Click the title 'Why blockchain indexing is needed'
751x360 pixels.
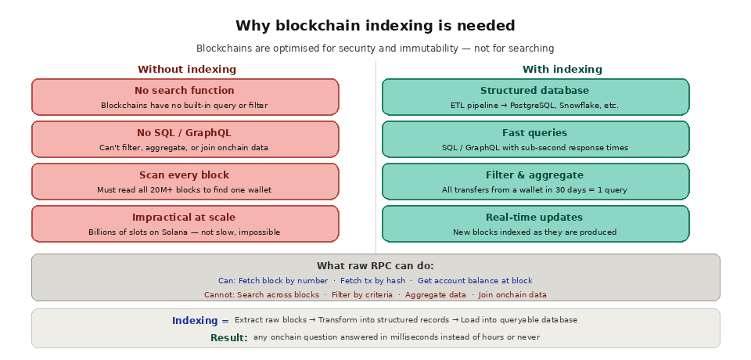[375, 26]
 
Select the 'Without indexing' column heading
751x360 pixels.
[186, 70]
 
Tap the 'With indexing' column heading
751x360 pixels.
[562, 70]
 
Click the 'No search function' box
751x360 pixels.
[185, 97]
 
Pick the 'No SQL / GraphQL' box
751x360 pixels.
[185, 139]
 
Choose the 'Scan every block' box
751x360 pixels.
[185, 182]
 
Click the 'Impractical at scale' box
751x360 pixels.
[185, 224]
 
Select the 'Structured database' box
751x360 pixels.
[535, 97]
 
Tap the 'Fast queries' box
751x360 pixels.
[535, 139]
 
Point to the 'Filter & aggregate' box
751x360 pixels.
[535, 182]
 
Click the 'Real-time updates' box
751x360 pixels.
[535, 224]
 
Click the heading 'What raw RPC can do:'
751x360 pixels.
[375, 266]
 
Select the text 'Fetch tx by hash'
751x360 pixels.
[372, 281]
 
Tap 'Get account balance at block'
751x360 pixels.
[475, 281]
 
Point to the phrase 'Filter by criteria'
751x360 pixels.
[362, 295]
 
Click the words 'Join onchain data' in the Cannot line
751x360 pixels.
[512, 295]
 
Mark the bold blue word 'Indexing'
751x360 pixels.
[195, 321]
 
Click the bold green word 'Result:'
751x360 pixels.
[228, 338]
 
